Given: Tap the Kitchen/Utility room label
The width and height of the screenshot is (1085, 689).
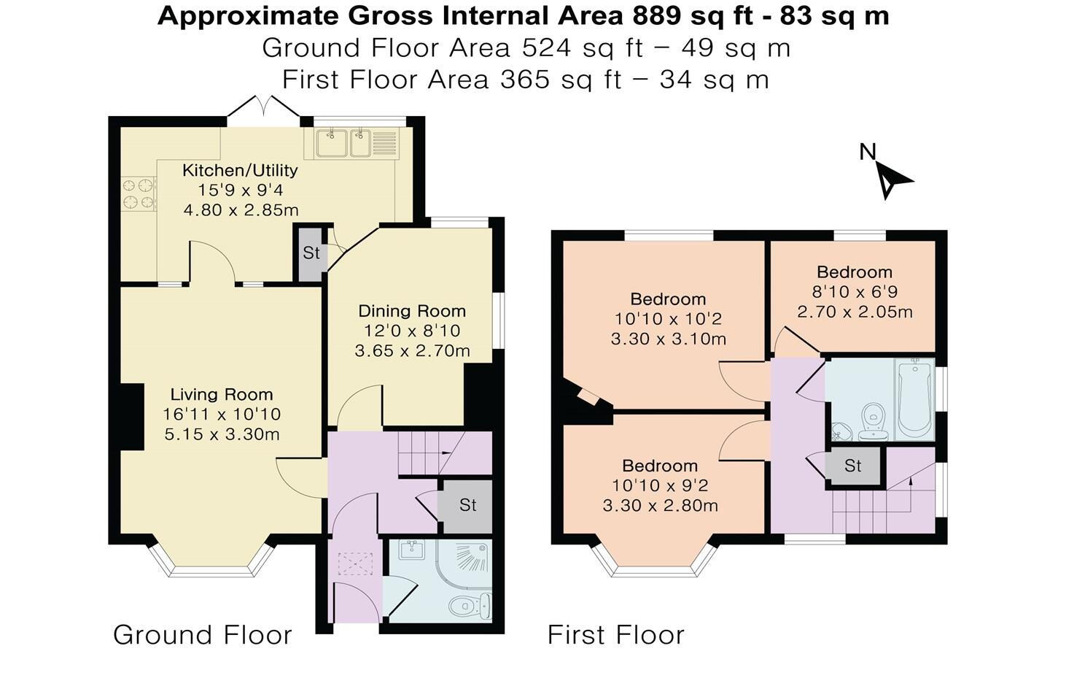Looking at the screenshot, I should click(240, 170).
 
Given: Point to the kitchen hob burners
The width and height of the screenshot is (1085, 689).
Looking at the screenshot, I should click(139, 194).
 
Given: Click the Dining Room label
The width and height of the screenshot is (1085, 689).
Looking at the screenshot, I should click(412, 311).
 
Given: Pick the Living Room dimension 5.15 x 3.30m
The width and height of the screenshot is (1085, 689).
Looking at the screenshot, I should click(221, 434).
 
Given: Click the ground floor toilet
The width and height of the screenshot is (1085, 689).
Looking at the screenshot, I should click(470, 605).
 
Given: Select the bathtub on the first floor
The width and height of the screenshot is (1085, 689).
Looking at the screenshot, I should click(914, 399).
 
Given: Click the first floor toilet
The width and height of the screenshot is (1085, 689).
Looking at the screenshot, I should click(872, 421).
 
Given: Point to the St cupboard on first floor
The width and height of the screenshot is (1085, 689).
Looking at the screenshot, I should click(853, 466).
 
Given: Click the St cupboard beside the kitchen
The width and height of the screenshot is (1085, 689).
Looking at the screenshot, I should click(311, 253).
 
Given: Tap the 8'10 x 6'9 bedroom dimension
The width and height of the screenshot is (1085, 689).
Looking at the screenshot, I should click(855, 292).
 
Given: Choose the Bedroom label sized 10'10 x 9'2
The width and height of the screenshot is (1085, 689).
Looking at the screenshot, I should click(660, 466).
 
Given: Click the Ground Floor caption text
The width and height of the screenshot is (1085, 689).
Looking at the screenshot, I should click(203, 635).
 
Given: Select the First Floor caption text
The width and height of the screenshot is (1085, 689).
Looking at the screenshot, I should click(616, 635).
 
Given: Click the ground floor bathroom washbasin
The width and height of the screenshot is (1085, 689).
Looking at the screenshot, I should click(412, 550).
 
